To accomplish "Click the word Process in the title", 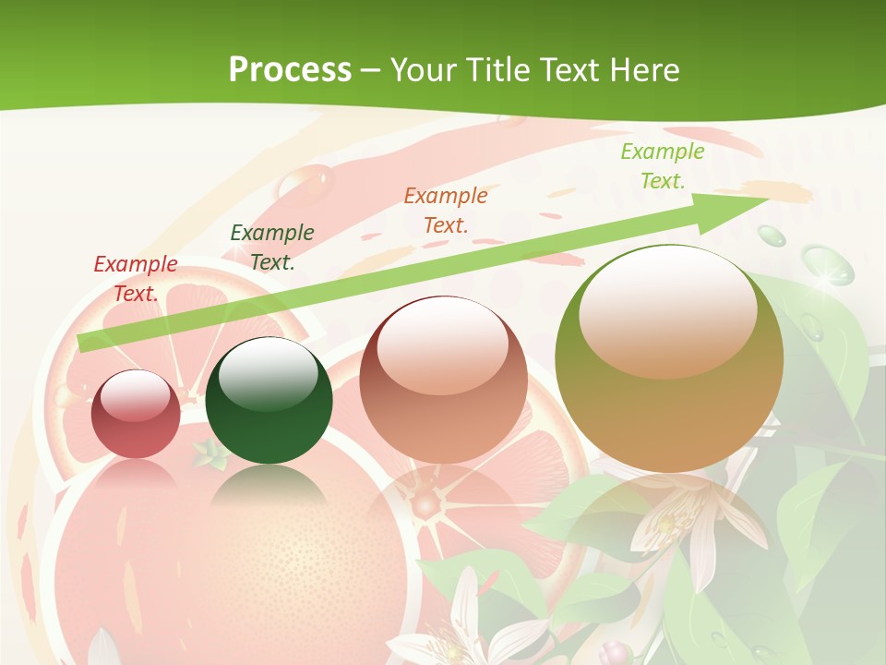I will pos(290,69).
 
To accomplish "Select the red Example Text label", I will pos(136,279).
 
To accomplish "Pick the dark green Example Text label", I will pos(272,248).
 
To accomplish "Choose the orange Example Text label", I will pos(446,210).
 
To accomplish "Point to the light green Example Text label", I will pos(662,166).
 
